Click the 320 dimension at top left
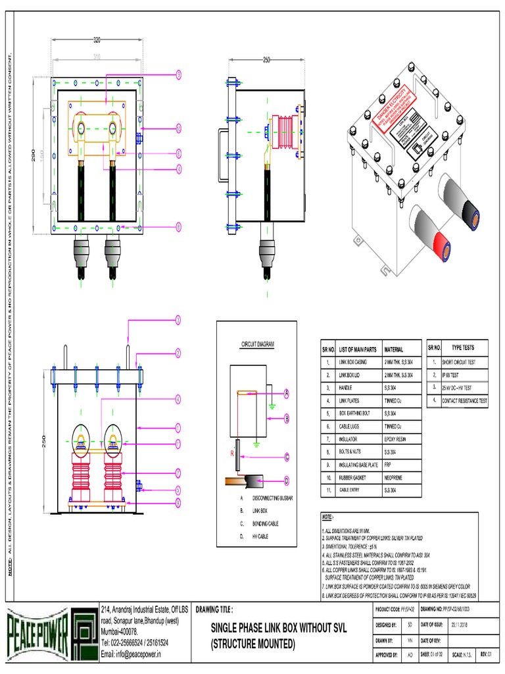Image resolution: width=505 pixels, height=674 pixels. [x=97, y=39]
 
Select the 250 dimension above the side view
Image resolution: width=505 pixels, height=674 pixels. [x=266, y=60]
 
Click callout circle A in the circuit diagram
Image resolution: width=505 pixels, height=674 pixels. [x=287, y=393]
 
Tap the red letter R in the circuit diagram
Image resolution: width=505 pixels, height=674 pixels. [x=232, y=454]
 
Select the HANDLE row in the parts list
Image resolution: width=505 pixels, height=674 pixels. [x=346, y=388]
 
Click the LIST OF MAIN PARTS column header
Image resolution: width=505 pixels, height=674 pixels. [x=357, y=350]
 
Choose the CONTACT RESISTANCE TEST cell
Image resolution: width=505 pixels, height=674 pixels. [x=465, y=400]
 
